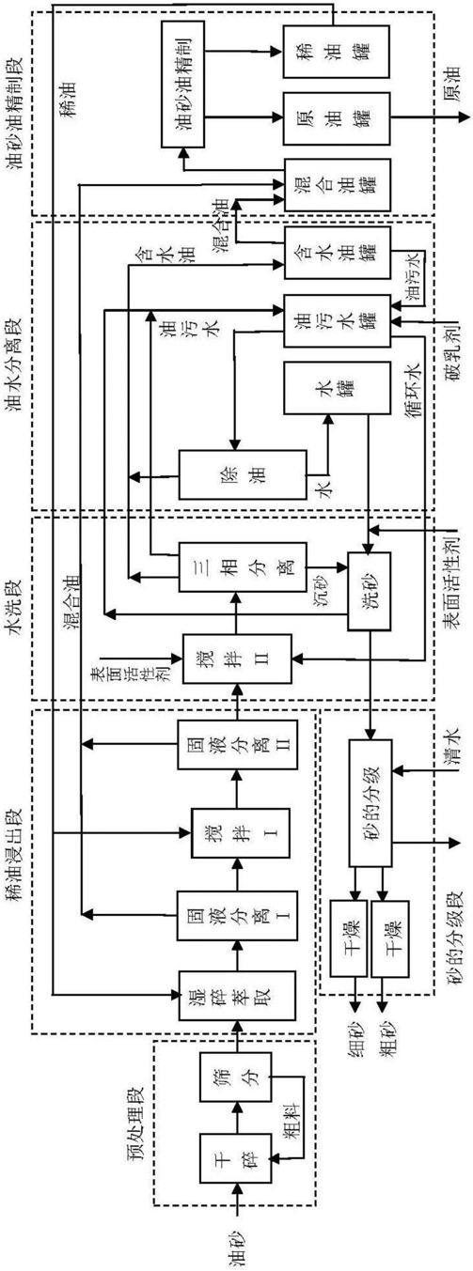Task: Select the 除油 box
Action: click(243, 475)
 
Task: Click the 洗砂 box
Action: click(370, 591)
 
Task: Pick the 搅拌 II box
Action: click(237, 659)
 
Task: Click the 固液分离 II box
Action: click(237, 744)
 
